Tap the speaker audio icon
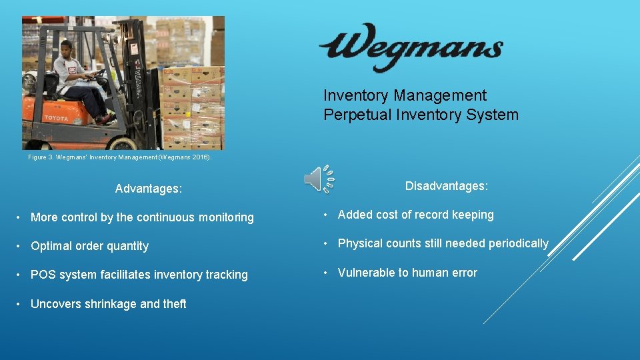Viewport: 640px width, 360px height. pyautogui.click(x=318, y=179)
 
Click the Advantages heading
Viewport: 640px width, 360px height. pyautogui.click(x=148, y=189)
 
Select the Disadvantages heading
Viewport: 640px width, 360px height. pyautogui.click(x=446, y=186)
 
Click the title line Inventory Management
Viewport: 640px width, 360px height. pyautogui.click(x=405, y=96)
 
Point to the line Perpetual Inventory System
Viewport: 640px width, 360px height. pyautogui.click(x=421, y=115)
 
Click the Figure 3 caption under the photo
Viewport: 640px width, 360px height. pyautogui.click(x=119, y=157)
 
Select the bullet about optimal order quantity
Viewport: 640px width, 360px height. pyautogui.click(x=90, y=246)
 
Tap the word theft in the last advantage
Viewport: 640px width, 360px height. pyautogui.click(x=175, y=304)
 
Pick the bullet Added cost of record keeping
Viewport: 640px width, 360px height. pyautogui.click(x=415, y=215)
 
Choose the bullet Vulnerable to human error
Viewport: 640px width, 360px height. pyautogui.click(x=407, y=273)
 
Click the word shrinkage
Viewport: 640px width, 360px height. pyautogui.click(x=110, y=304)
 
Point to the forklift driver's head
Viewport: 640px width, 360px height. pyautogui.click(x=66, y=48)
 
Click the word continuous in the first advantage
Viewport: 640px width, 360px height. pyautogui.click(x=162, y=217)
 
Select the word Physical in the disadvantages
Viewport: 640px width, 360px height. pyautogui.click(x=360, y=243)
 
